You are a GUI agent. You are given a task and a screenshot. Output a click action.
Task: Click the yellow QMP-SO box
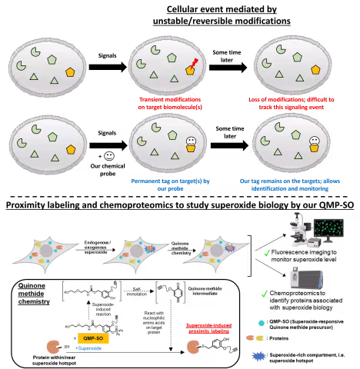pos(93,338)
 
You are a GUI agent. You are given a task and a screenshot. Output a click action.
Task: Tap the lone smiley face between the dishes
pos(109,156)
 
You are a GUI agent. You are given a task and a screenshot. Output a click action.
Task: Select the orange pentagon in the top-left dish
pos(70,72)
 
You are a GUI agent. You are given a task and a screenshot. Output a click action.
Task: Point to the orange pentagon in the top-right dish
pos(315,70)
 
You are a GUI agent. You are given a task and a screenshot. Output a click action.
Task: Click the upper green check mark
pos(267,252)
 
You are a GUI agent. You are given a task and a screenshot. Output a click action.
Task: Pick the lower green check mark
pos(264,294)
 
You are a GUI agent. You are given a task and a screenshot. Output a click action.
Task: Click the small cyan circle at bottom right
pos(262,324)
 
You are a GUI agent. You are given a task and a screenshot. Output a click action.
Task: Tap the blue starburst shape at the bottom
pos(258,356)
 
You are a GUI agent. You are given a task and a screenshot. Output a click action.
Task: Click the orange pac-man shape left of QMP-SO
pos(53,347)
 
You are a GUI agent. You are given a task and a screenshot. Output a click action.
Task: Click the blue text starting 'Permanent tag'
pos(171,185)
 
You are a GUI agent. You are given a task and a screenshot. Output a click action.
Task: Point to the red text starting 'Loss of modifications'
pos(291,103)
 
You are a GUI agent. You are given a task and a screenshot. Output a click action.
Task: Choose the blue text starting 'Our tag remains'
pos(290,185)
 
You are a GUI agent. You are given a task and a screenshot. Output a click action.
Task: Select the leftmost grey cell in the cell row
pos(46,252)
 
